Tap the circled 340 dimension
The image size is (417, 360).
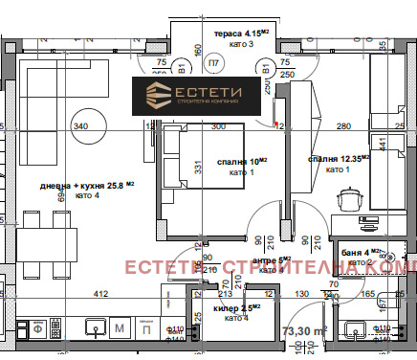[81, 125]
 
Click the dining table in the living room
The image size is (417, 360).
[36, 239]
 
